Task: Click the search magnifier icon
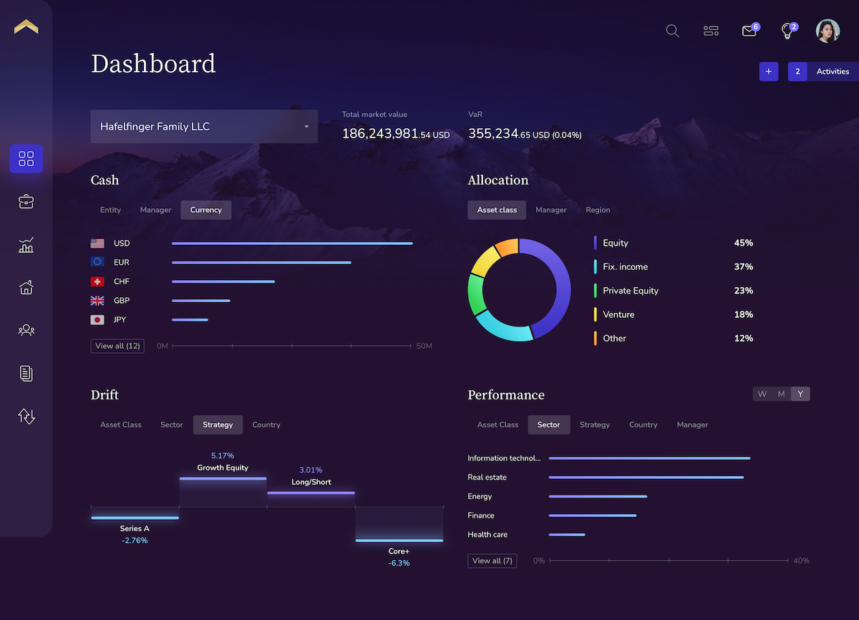(672, 31)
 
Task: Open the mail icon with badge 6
(749, 31)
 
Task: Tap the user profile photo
(828, 31)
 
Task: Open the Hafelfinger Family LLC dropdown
(204, 127)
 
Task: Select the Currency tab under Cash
(206, 210)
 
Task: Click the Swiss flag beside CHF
(97, 281)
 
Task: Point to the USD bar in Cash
(292, 243)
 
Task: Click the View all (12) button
(118, 346)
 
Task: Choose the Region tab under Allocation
(598, 210)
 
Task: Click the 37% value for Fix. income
(743, 267)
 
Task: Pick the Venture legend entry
(618, 314)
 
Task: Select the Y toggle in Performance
(800, 394)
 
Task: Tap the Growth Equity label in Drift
(223, 468)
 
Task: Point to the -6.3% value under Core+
(399, 563)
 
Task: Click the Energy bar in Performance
(598, 496)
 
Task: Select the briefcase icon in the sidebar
(26, 202)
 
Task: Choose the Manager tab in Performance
(692, 425)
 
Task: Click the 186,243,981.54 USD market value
(395, 134)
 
